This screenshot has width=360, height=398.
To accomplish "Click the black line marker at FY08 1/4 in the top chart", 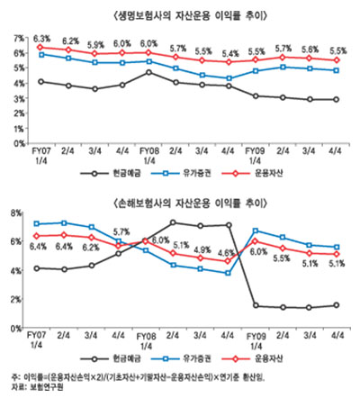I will tap(149, 72).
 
